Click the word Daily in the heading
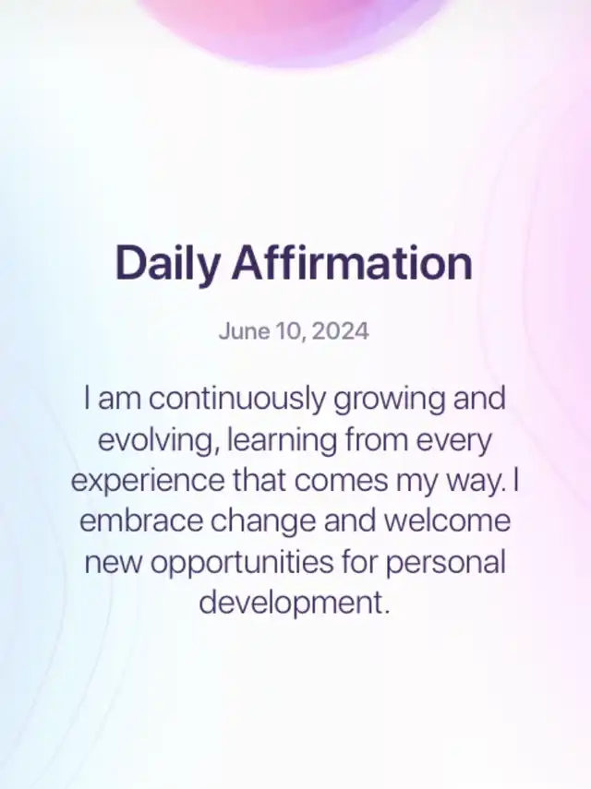[x=168, y=263]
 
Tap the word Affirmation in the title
[x=352, y=262]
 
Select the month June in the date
[x=245, y=331]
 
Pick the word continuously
[x=237, y=399]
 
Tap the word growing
[x=390, y=400]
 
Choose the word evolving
[x=159, y=441]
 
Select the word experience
[x=148, y=482]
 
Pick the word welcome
[x=448, y=521]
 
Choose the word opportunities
[x=242, y=563]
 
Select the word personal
[x=445, y=563]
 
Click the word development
[x=295, y=604]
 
